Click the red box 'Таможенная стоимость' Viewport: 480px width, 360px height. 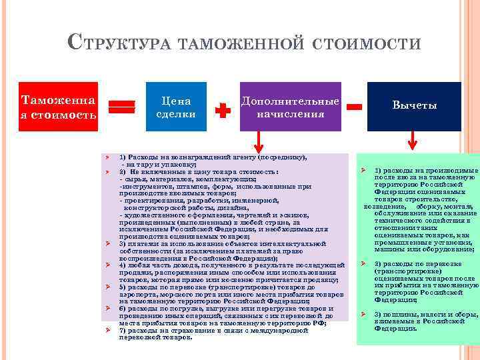[x=59, y=107]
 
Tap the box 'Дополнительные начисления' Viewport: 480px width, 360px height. [x=290, y=107]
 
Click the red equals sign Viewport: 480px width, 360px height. [x=122, y=109]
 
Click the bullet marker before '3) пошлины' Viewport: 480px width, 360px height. [x=364, y=314]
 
